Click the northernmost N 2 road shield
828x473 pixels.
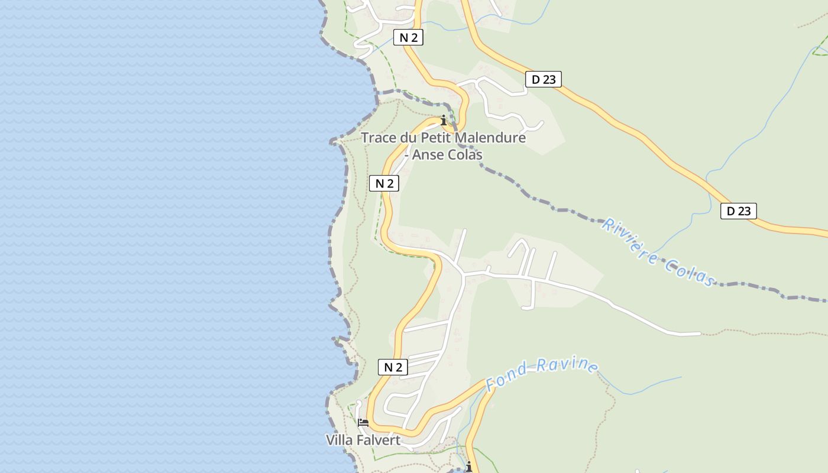pos(408,38)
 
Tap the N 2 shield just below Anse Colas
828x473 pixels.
pos(384,183)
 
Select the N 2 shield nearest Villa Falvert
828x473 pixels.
pos(393,367)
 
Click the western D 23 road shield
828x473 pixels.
pos(543,79)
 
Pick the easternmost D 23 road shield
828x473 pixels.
pos(738,210)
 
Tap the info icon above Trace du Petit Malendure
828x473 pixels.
pos(444,120)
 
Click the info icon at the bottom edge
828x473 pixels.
pos(469,466)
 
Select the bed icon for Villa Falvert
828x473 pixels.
pos(363,423)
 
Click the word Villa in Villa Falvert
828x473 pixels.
pos(339,440)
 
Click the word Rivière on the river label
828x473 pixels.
pos(630,242)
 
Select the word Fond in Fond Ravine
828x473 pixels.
pos(507,375)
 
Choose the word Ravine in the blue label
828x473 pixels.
pos(568,364)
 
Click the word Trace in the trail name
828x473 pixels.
pos(379,138)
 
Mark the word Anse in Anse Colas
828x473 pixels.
pos(427,155)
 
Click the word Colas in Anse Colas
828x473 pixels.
pos(465,155)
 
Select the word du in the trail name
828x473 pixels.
pos(409,138)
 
